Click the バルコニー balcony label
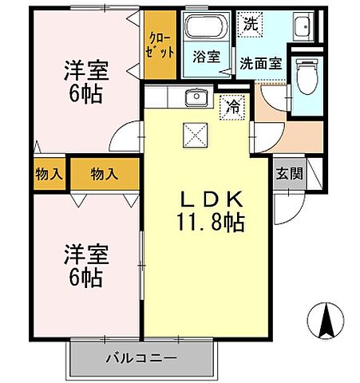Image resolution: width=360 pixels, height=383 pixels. (x=140, y=357)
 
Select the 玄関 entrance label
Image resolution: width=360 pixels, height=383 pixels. (x=289, y=173)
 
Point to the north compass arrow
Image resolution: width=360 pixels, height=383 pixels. (x=326, y=322)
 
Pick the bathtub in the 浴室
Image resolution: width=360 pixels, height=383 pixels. (x=206, y=30)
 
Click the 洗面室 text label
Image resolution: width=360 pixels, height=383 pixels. (x=260, y=63)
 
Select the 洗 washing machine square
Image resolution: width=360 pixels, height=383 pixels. (x=251, y=23)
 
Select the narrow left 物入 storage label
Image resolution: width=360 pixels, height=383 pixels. (x=49, y=172)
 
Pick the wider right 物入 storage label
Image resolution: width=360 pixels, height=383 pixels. (x=104, y=172)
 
